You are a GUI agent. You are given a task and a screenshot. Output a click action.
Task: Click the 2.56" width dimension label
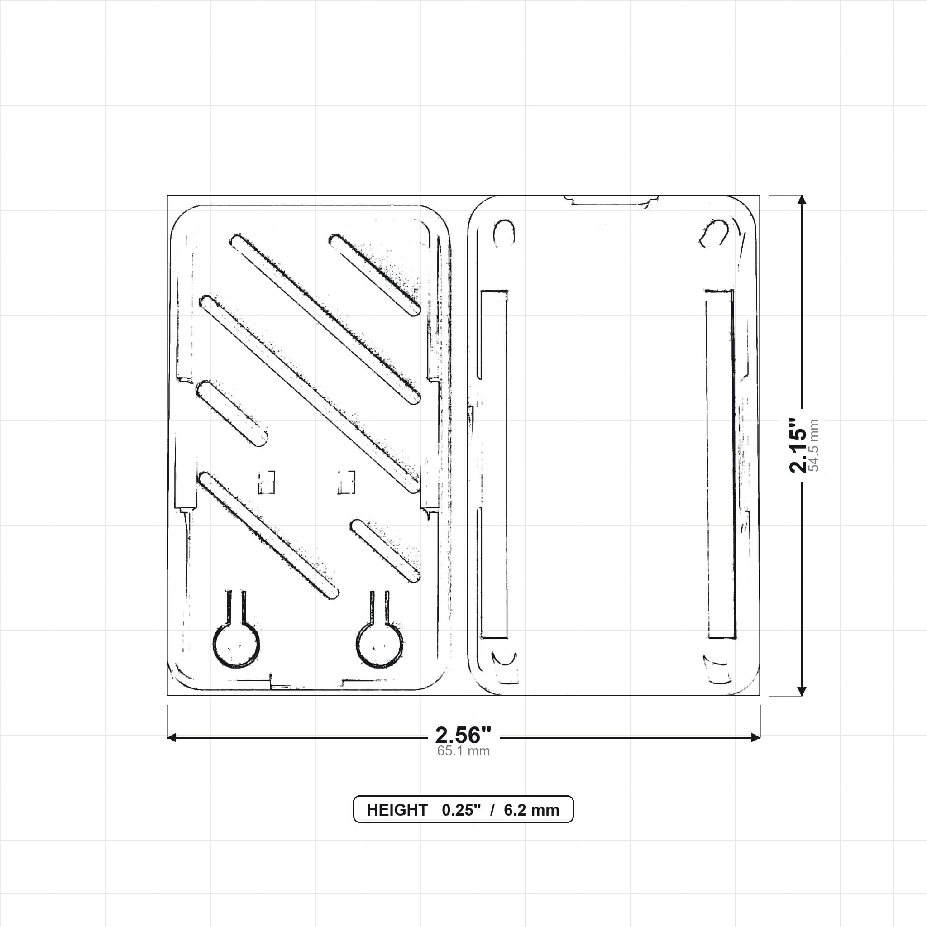click(x=463, y=735)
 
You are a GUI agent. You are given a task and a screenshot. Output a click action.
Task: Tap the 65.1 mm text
click(x=463, y=751)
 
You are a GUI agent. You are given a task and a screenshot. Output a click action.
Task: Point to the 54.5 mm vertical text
click(x=814, y=445)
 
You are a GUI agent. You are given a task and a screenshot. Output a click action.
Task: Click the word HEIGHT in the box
click(x=397, y=810)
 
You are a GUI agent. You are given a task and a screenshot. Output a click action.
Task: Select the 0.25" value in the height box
click(x=461, y=810)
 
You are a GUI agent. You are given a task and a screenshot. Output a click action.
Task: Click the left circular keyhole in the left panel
click(x=236, y=644)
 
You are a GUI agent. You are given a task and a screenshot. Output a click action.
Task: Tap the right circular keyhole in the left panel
click(x=379, y=644)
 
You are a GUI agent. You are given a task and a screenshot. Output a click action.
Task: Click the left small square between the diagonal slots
click(x=266, y=482)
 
